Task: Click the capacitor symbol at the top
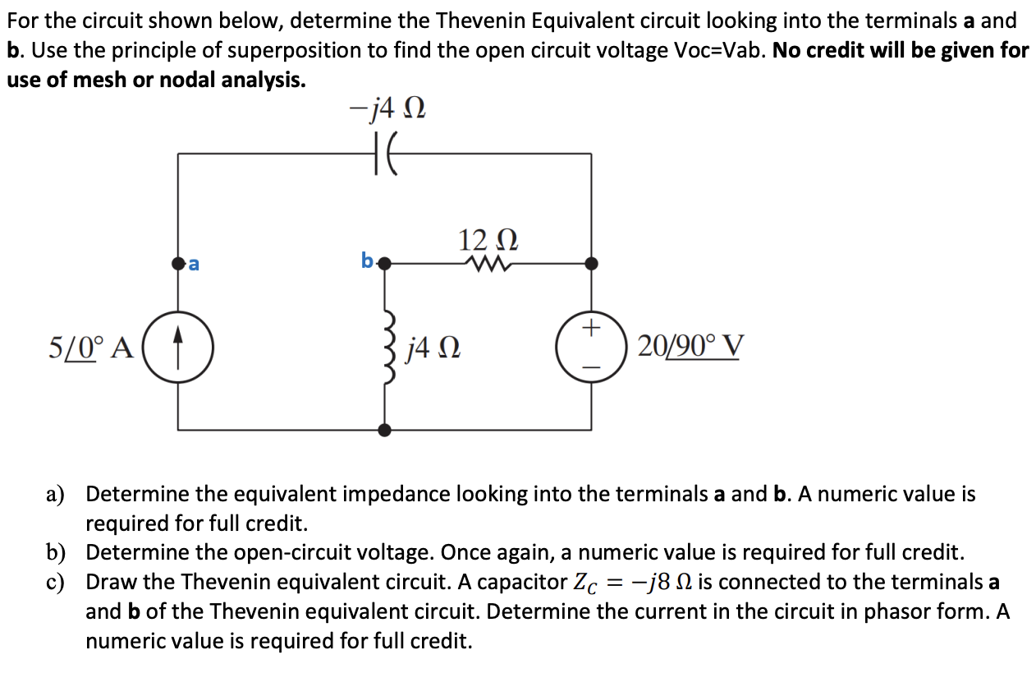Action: [385, 153]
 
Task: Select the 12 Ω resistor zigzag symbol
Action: [488, 264]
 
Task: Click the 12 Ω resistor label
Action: [488, 239]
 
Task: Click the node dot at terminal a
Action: [179, 264]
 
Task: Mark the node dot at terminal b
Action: [383, 264]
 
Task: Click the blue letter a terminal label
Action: [194, 264]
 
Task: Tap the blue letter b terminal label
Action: [367, 262]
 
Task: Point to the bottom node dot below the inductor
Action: [384, 429]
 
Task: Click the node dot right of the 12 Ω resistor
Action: [591, 264]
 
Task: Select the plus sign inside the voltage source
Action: [590, 329]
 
